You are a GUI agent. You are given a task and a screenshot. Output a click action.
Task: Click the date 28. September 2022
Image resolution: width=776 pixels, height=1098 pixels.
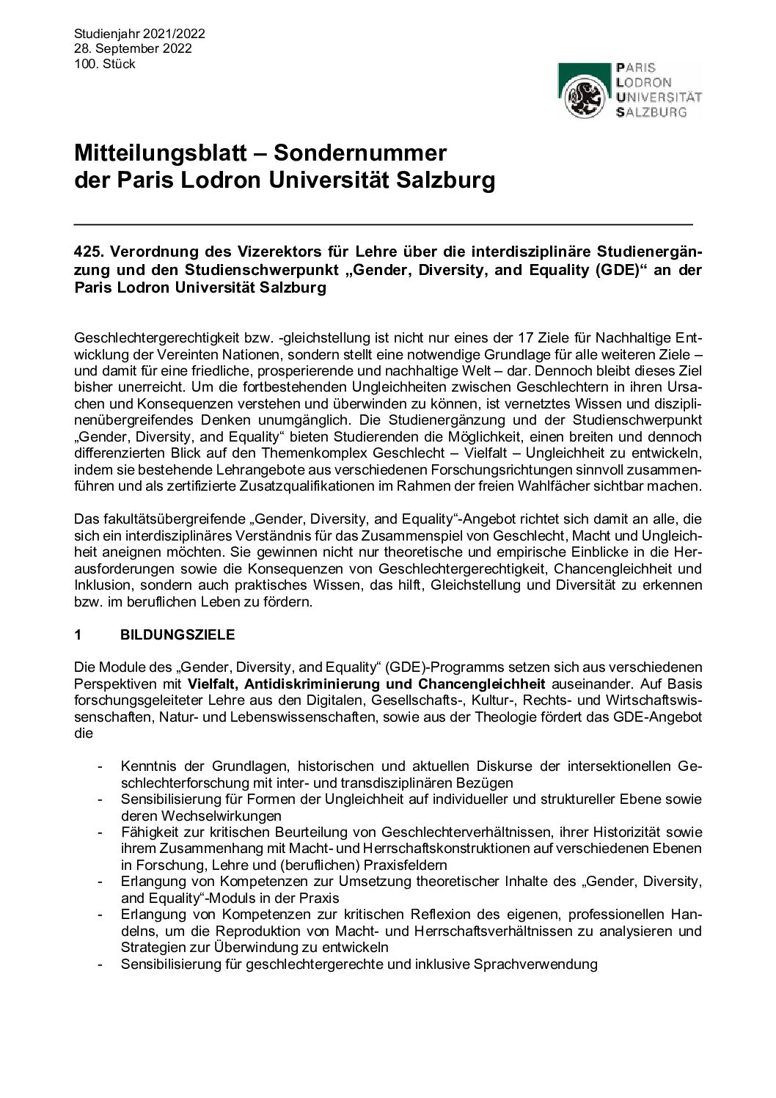point(133,48)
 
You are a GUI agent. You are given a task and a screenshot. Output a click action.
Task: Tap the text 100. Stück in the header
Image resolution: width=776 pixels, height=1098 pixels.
point(105,64)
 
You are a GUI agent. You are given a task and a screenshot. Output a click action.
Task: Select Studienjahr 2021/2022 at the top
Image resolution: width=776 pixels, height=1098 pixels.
point(139,34)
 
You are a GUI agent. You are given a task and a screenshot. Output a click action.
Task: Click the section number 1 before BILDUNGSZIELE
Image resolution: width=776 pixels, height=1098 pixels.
point(78,637)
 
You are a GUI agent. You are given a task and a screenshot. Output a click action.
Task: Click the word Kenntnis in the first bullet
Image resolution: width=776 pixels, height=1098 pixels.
point(146,766)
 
